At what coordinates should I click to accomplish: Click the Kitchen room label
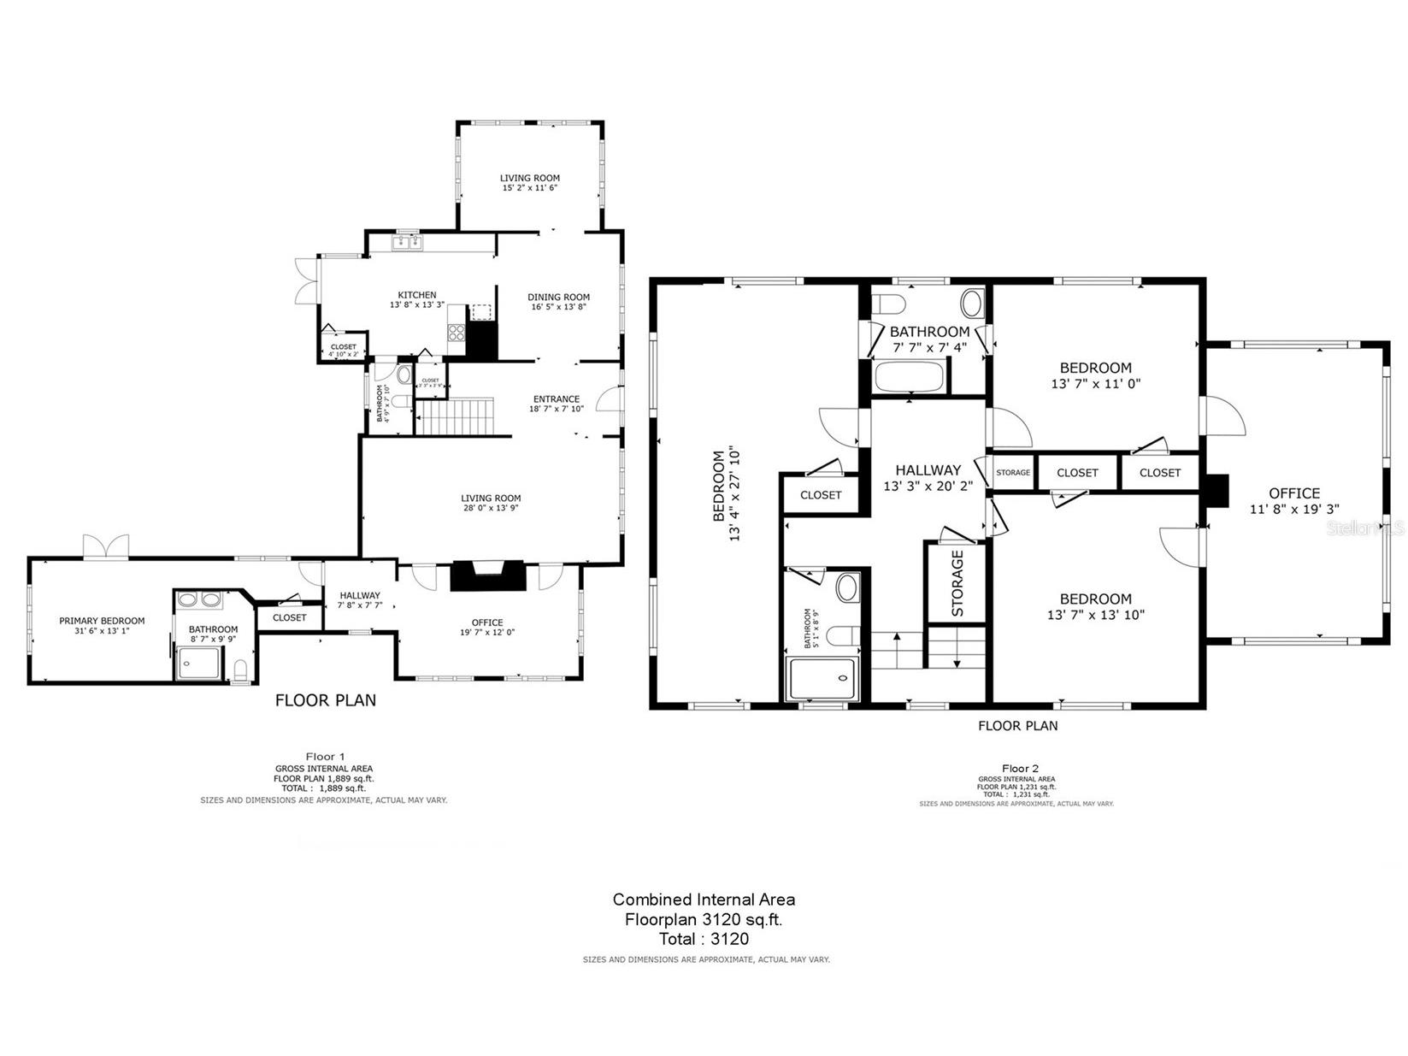point(416,295)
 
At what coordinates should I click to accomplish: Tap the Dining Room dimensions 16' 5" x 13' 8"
point(558,308)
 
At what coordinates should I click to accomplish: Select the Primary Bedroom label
point(102,621)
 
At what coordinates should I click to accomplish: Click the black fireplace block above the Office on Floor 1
point(486,575)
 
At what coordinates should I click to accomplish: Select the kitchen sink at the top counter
point(408,244)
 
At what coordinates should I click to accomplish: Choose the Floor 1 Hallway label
point(359,596)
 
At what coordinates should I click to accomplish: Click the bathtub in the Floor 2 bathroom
point(908,377)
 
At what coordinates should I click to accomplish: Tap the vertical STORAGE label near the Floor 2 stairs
point(957,583)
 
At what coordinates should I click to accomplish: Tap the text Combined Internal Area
point(704,899)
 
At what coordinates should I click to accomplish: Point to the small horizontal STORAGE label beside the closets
point(1013,472)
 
